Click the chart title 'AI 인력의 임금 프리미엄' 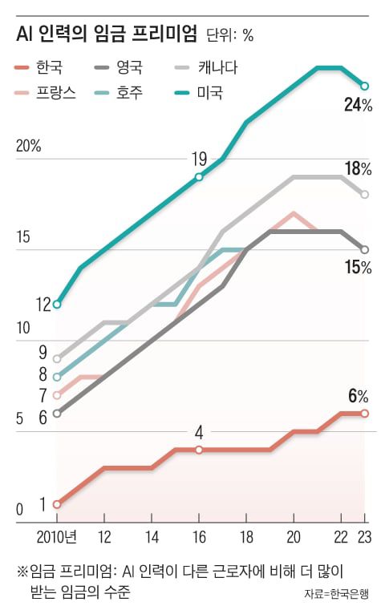(107, 34)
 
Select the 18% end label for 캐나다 (358, 168)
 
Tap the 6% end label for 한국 (358, 396)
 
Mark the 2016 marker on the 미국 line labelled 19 (199, 176)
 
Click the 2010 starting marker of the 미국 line (57, 305)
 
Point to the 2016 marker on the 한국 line (199, 450)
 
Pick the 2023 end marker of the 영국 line (365, 249)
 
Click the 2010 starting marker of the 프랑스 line (57, 395)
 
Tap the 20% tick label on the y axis (27, 147)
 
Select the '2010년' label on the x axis (57, 536)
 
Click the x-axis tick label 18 (246, 536)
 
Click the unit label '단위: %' (230, 36)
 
